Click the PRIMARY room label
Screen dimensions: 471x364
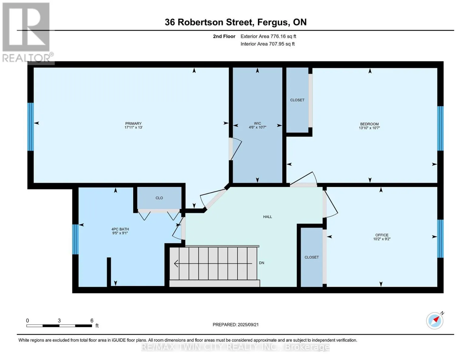coord(133,123)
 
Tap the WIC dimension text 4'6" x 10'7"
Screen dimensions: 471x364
coord(257,127)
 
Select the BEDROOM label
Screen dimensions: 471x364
coord(369,124)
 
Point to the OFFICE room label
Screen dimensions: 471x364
coord(382,235)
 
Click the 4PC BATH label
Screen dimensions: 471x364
coord(120,229)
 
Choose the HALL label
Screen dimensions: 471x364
coord(267,217)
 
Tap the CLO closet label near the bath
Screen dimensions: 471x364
coord(159,198)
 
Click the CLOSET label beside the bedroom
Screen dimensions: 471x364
coord(297,100)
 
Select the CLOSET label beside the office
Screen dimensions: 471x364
coord(311,257)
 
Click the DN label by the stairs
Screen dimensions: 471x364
coord(262,263)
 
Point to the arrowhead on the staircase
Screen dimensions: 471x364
coord(176,263)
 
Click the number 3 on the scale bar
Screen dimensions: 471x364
coord(59,320)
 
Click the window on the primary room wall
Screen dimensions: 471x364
coord(31,126)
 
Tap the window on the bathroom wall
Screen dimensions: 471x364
coord(75,239)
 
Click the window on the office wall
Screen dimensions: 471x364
coord(440,239)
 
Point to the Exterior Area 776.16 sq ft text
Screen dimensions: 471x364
coord(268,36)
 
